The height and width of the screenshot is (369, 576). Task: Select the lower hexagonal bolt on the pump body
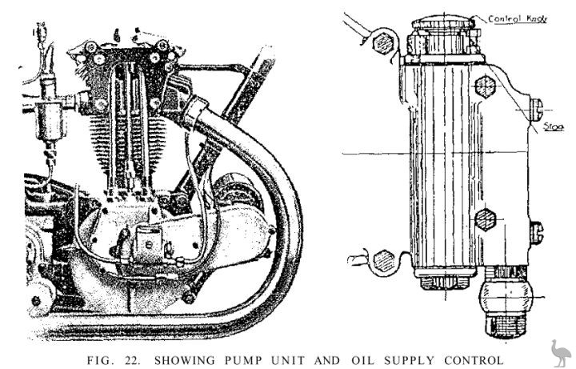(486, 219)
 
